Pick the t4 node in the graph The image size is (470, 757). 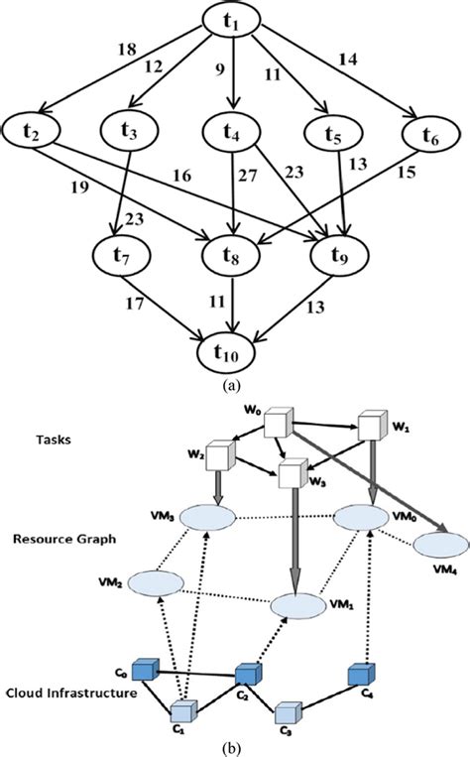click(x=234, y=130)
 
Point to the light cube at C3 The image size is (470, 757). click(x=287, y=712)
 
